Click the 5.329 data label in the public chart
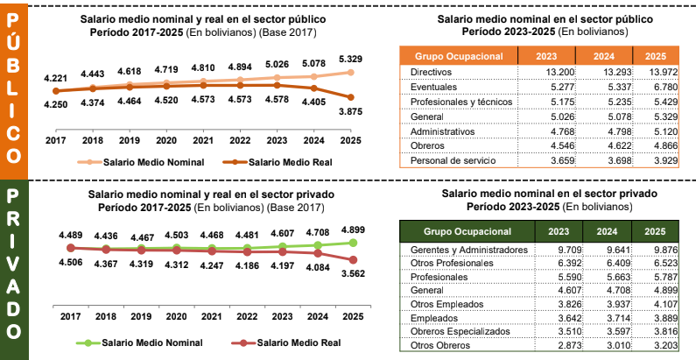[x=351, y=58]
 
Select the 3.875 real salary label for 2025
[x=351, y=114]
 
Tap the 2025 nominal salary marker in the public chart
[x=351, y=73]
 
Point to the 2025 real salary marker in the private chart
[x=353, y=260]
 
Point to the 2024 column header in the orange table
[x=608, y=54]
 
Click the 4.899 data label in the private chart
[x=353, y=230]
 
